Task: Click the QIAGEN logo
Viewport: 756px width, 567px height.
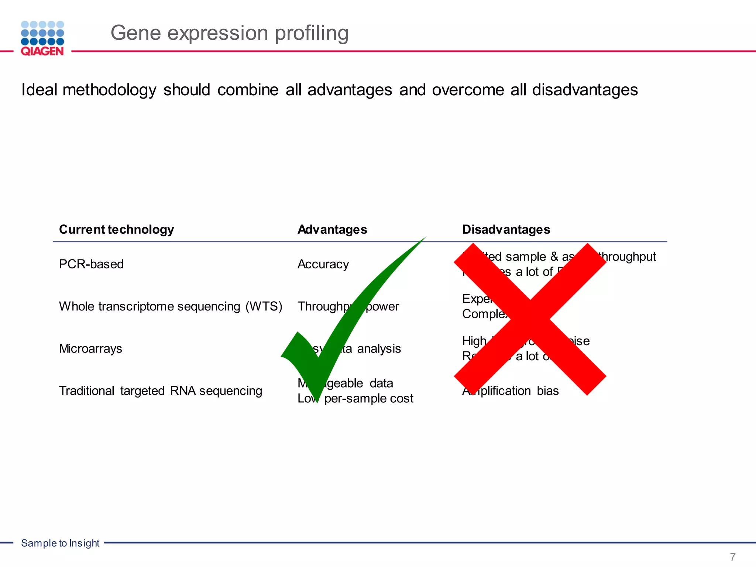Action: click(x=42, y=38)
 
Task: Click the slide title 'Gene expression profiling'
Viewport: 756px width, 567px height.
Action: click(x=229, y=33)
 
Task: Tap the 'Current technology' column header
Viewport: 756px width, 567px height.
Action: click(x=116, y=230)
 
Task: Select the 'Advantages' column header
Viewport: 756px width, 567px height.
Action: click(x=332, y=230)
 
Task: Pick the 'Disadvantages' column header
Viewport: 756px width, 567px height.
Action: click(x=506, y=230)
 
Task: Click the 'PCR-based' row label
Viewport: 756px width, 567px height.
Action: click(x=91, y=264)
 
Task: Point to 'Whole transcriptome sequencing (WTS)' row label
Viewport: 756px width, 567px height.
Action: click(x=171, y=306)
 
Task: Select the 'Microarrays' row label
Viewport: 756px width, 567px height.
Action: click(x=90, y=348)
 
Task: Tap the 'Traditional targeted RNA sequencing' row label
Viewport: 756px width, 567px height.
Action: click(x=161, y=391)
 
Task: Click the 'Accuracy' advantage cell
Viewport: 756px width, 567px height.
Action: click(x=323, y=264)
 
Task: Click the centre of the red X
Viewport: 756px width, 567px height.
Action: click(x=530, y=319)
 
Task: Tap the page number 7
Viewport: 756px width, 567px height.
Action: click(x=733, y=557)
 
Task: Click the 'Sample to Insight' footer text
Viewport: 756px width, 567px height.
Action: click(x=60, y=543)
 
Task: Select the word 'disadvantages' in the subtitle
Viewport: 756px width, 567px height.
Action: click(x=585, y=90)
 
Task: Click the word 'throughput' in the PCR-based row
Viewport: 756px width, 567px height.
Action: click(x=628, y=257)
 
